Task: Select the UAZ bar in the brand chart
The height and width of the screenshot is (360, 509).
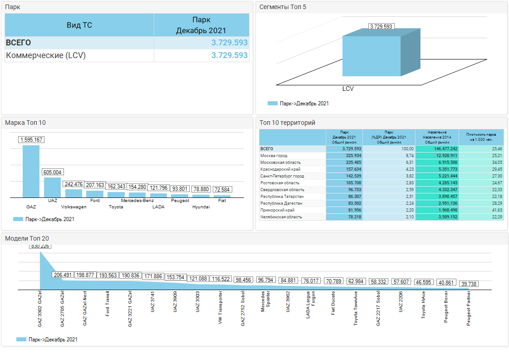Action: [x=52, y=187]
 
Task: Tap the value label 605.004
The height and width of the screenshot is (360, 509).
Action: [x=53, y=173]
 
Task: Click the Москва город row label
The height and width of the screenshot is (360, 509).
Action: [x=274, y=156]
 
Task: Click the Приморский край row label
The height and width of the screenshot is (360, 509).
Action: [x=277, y=210]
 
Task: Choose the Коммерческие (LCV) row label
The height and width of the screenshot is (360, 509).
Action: [x=45, y=55]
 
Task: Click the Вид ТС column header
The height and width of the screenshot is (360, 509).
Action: [x=79, y=25]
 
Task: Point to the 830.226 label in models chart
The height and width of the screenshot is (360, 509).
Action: [x=40, y=246]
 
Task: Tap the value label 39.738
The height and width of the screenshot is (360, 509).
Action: [x=469, y=284]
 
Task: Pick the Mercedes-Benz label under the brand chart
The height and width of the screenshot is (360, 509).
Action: [x=137, y=200]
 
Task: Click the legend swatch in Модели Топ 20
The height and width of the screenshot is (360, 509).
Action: [x=21, y=339]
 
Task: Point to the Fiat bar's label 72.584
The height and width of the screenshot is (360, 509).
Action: [x=222, y=189]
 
